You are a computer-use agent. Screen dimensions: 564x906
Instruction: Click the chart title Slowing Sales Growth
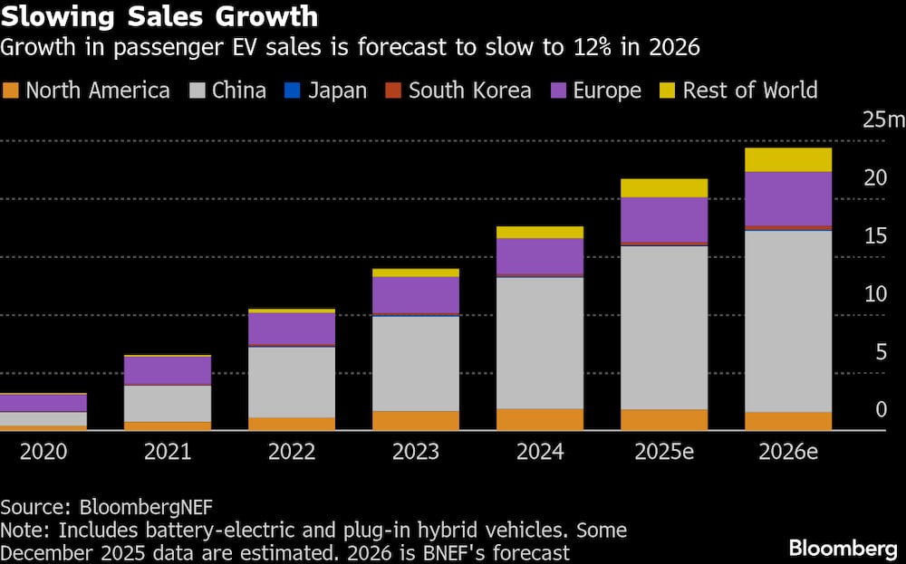click(159, 16)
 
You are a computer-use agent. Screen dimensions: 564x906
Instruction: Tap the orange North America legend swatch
click(12, 91)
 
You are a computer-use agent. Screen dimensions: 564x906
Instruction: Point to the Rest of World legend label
click(750, 91)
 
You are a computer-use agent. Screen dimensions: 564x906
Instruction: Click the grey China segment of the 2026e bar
click(788, 321)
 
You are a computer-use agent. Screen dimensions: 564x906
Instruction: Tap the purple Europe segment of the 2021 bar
click(168, 370)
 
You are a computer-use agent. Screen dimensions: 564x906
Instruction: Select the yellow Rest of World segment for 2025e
click(664, 187)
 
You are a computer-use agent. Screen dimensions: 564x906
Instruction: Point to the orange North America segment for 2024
click(540, 419)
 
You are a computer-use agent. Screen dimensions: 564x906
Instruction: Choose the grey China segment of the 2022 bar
click(292, 381)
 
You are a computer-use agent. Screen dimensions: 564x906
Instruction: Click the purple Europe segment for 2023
click(416, 295)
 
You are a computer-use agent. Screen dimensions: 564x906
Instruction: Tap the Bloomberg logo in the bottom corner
click(842, 548)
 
